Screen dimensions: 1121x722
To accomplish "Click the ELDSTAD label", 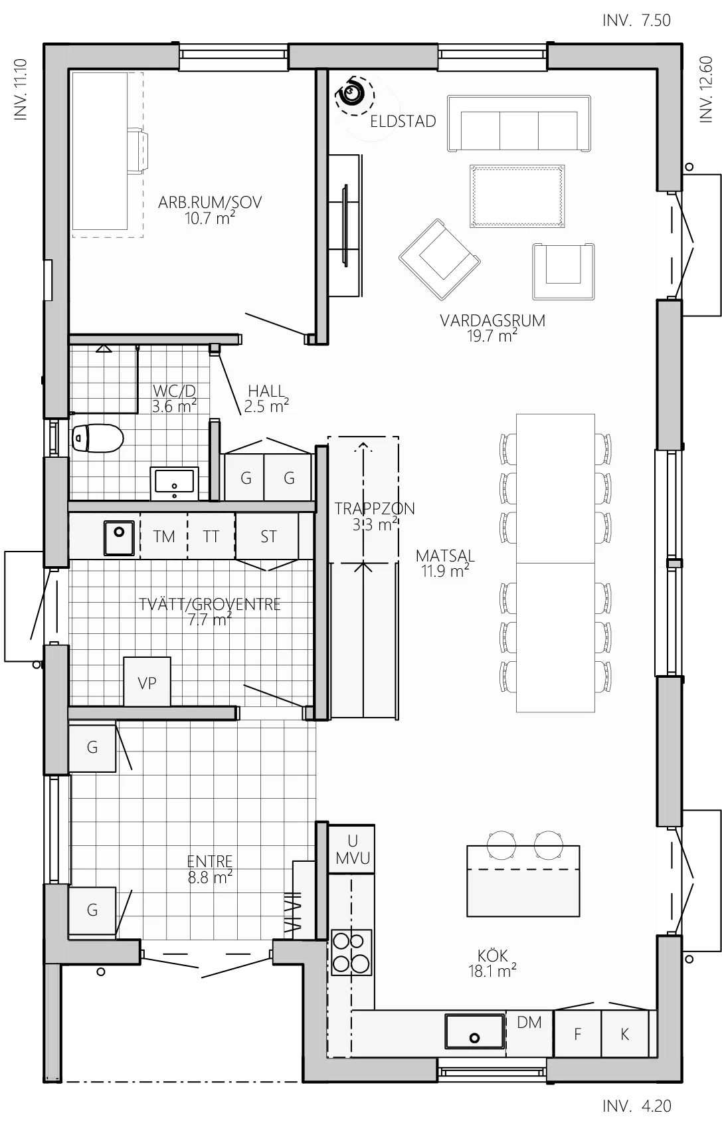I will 403,122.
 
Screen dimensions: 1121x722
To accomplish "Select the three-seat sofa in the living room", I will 519,124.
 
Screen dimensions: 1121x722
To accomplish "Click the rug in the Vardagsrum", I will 517,196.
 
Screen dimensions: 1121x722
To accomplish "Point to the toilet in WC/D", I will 98,438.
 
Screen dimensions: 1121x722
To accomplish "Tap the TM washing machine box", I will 163,536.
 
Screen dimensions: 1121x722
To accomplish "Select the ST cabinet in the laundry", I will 268,536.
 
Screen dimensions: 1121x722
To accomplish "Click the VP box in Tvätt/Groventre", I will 147,682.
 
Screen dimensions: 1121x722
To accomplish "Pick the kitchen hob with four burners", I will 351,952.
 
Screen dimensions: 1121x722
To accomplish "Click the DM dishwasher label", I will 529,1023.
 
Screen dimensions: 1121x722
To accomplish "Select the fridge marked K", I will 624,1034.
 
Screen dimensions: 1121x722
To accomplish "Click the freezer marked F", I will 577,1034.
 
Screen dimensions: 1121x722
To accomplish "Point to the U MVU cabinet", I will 352,849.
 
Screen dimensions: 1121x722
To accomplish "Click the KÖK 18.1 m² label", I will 492,964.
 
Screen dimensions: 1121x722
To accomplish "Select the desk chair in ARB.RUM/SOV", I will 138,152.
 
